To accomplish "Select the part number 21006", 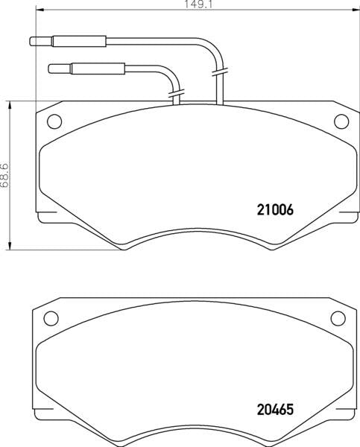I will [x=265, y=210].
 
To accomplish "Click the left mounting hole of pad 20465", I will [x=51, y=318].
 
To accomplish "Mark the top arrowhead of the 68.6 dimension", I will [x=10, y=105].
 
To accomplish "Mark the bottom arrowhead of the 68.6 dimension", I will [x=10, y=246].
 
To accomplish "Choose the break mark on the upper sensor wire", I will [x=218, y=73].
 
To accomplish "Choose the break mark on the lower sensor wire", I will [x=177, y=95].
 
